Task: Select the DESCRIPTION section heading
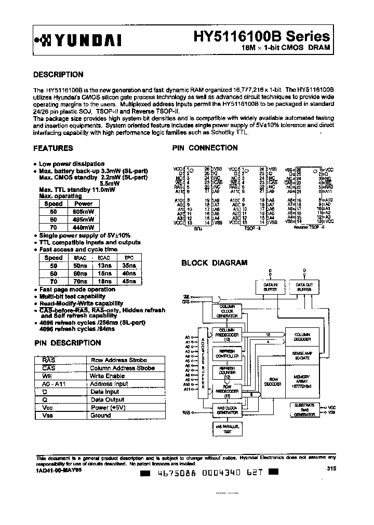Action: (x=58, y=74)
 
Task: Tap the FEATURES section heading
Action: (x=53, y=148)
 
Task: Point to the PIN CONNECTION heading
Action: (x=205, y=148)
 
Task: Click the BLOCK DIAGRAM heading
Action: (x=214, y=263)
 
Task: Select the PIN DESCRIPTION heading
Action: (x=67, y=343)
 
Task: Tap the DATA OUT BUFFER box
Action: (x=304, y=287)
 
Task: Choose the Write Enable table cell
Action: (x=108, y=376)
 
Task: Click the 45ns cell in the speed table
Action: (x=128, y=281)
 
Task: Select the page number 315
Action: (x=331, y=468)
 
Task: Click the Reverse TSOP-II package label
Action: (x=309, y=227)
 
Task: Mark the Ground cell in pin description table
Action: (x=101, y=416)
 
